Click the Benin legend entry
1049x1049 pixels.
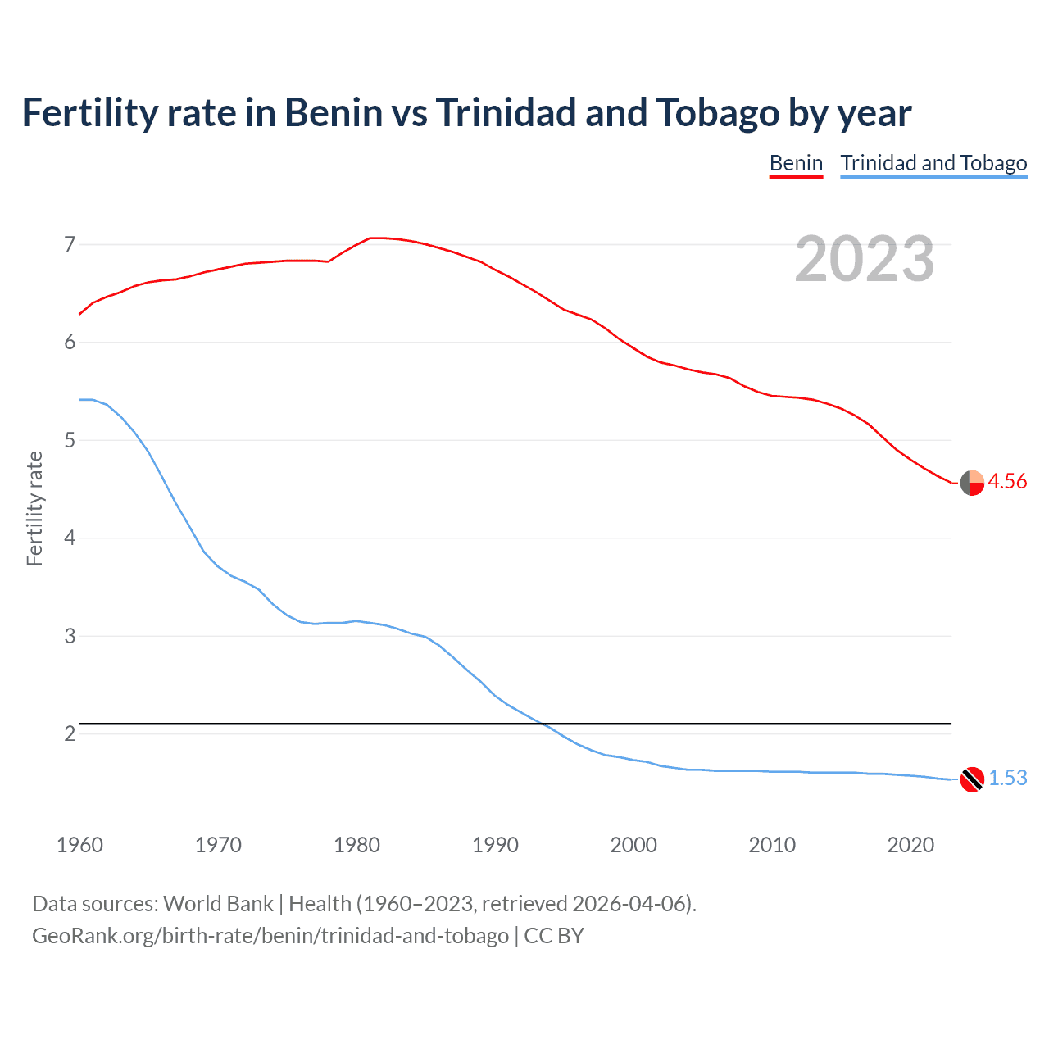pyautogui.click(x=796, y=163)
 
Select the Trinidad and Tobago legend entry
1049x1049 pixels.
pyautogui.click(x=933, y=163)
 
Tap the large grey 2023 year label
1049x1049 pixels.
pyautogui.click(x=865, y=259)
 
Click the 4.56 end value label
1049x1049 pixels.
pyautogui.click(x=1007, y=481)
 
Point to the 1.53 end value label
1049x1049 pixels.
pyautogui.click(x=1007, y=778)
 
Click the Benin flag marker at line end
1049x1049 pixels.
pyautogui.click(x=972, y=483)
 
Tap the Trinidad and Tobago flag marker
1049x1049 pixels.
pyautogui.click(x=972, y=779)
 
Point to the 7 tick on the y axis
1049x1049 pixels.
pyautogui.click(x=70, y=244)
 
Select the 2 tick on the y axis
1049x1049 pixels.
pyautogui.click(x=70, y=733)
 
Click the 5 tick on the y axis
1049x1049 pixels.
pyautogui.click(x=70, y=440)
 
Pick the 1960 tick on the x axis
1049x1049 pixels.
pyautogui.click(x=79, y=845)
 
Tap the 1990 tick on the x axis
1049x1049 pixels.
pyautogui.click(x=495, y=845)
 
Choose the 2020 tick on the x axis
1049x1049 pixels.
pyautogui.click(x=910, y=845)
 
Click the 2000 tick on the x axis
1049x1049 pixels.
pyautogui.click(x=633, y=845)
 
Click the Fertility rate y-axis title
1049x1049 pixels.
pyautogui.click(x=34, y=508)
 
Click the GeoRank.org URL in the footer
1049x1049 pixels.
pyautogui.click(x=270, y=935)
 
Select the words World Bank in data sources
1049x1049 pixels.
pyautogui.click(x=218, y=904)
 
